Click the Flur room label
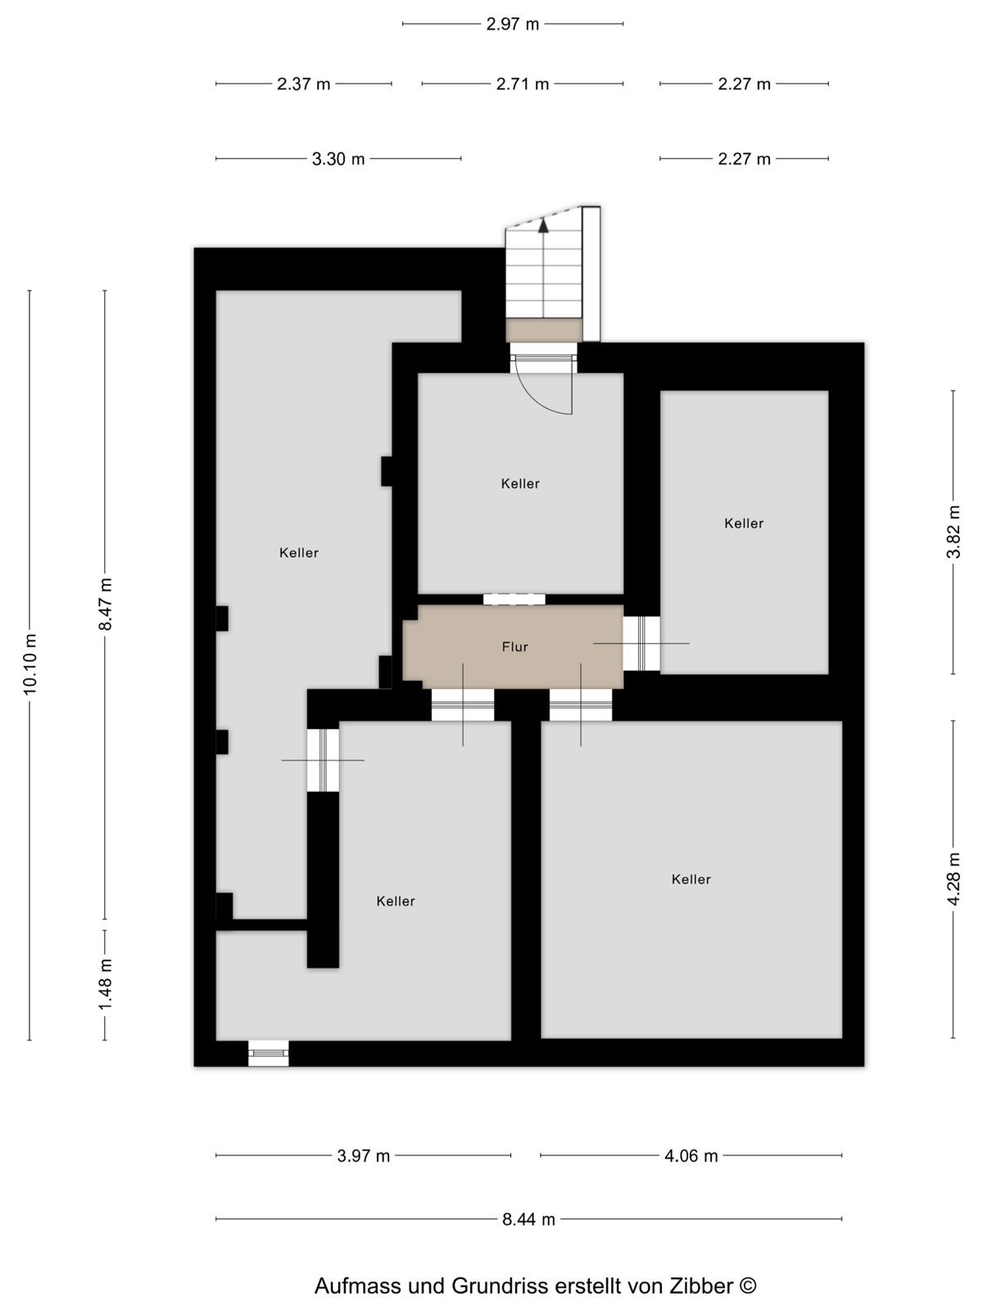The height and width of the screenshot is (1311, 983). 514,646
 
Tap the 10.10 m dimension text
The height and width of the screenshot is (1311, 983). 29,665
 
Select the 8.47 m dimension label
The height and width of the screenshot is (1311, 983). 105,604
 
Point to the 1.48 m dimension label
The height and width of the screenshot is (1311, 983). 105,984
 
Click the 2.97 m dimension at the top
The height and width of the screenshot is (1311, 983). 512,24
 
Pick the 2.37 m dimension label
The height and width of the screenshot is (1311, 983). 303,84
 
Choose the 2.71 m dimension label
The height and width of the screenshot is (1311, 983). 523,84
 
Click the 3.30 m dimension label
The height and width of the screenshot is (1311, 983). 337,159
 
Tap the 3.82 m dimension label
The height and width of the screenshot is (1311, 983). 954,532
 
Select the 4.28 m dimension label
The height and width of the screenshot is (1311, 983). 954,878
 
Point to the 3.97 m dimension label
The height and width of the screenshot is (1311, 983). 363,1155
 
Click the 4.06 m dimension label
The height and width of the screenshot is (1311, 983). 691,1155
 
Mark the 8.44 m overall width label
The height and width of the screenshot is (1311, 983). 528,1219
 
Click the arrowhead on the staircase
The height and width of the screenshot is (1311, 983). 543,225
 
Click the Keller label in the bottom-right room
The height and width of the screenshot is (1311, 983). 691,879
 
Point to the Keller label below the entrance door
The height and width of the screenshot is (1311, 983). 520,483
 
